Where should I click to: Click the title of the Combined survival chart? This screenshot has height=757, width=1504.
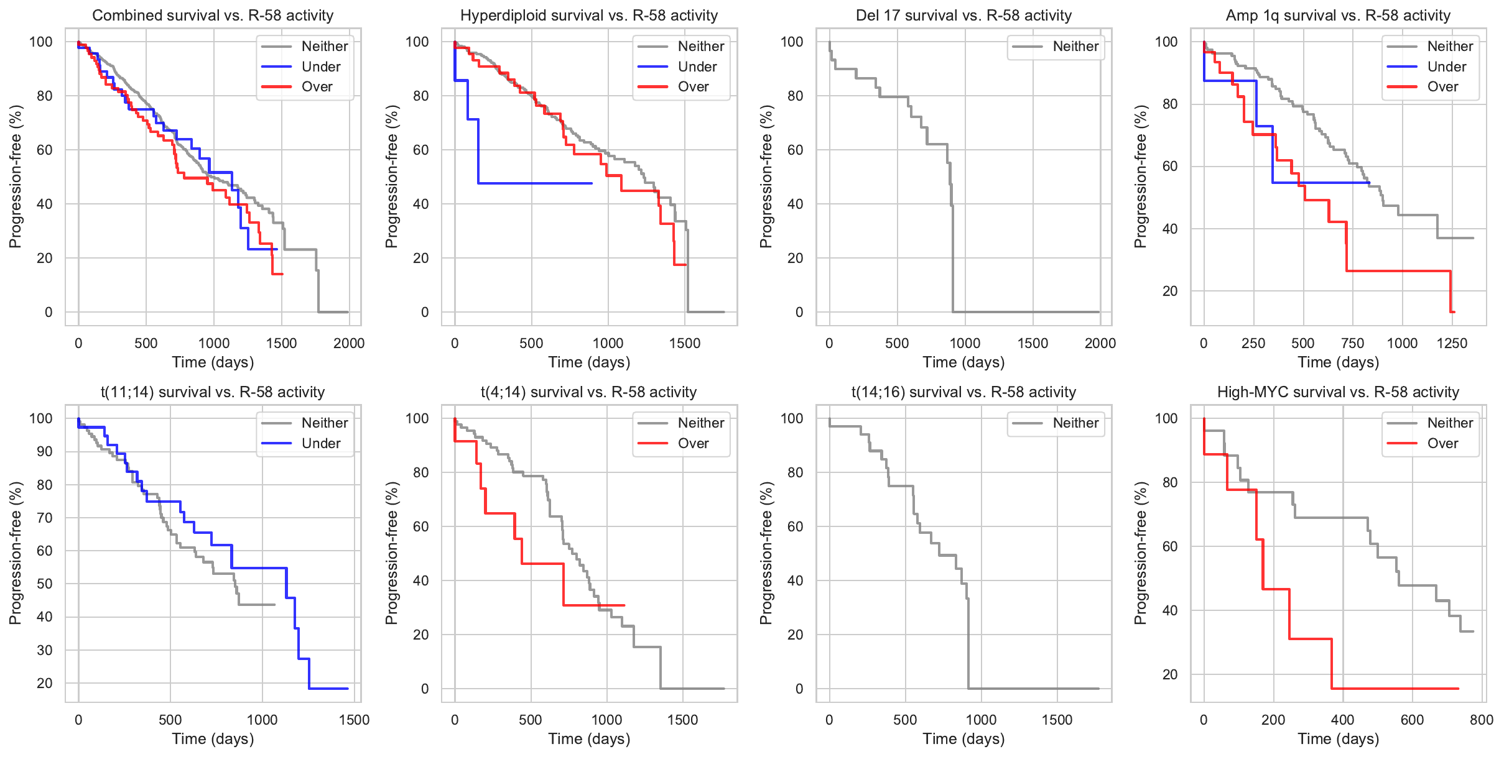click(x=213, y=16)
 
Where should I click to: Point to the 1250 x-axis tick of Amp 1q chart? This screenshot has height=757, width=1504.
click(x=1452, y=344)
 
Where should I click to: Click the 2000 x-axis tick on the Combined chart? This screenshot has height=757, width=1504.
click(x=349, y=344)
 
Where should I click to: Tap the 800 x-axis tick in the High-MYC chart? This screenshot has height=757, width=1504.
click(x=1482, y=720)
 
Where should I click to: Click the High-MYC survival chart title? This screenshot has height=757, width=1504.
click(x=1338, y=392)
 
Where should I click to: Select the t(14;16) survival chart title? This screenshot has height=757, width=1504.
click(x=963, y=392)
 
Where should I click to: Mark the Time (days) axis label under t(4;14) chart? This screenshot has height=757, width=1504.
click(x=589, y=739)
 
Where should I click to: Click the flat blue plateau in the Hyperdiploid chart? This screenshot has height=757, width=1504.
click(x=535, y=183)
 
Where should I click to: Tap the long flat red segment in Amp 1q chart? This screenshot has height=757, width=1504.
click(x=1400, y=271)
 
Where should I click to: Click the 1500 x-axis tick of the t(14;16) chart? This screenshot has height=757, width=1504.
click(x=1057, y=720)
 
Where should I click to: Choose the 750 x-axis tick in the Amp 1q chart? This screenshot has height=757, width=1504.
click(x=1352, y=344)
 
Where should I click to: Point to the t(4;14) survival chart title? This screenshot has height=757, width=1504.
click(x=588, y=392)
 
